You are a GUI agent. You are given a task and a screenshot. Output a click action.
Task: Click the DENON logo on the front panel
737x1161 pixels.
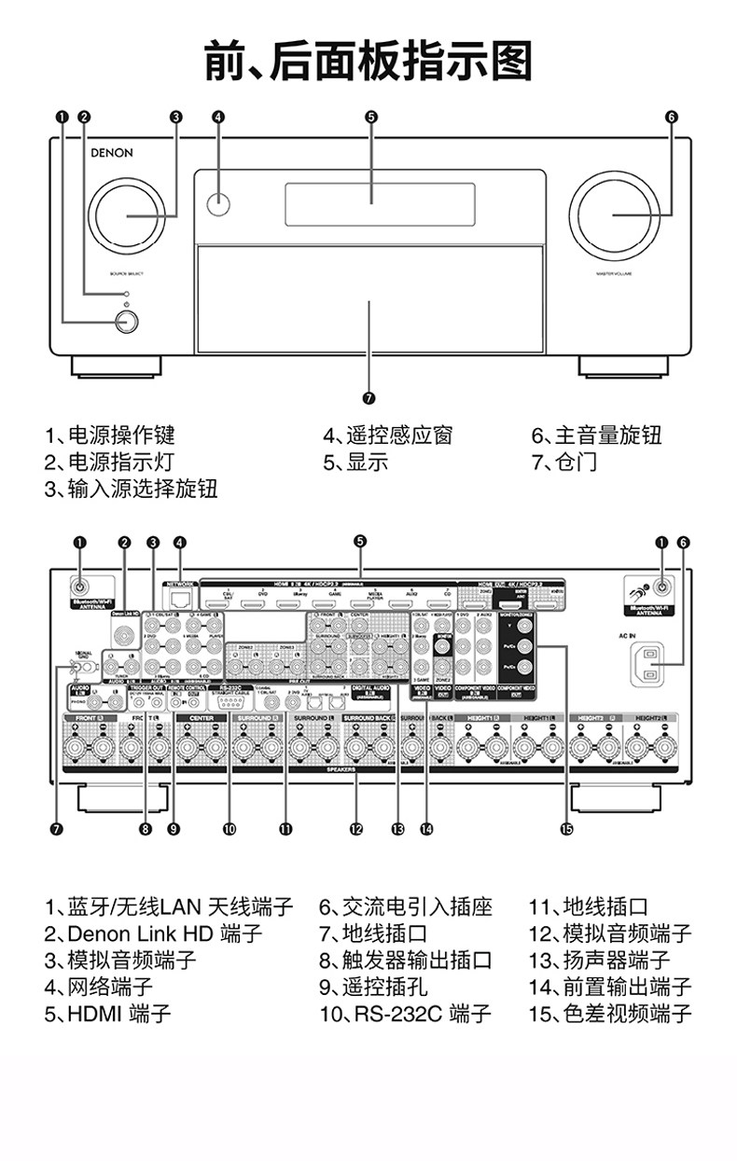pos(111,153)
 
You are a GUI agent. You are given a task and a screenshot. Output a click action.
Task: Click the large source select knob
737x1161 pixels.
pos(125,214)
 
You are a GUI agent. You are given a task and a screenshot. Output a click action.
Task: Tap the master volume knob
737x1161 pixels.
pos(612,214)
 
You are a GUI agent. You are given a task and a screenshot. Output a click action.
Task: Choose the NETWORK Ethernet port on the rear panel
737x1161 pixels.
pos(177,599)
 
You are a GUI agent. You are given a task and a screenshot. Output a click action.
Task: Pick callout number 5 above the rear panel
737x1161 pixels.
pos(360,542)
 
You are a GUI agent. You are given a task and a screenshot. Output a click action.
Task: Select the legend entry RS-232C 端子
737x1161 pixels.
pos(404,1014)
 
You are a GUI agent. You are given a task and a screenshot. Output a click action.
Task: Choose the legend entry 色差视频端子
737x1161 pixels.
pos(610,1014)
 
